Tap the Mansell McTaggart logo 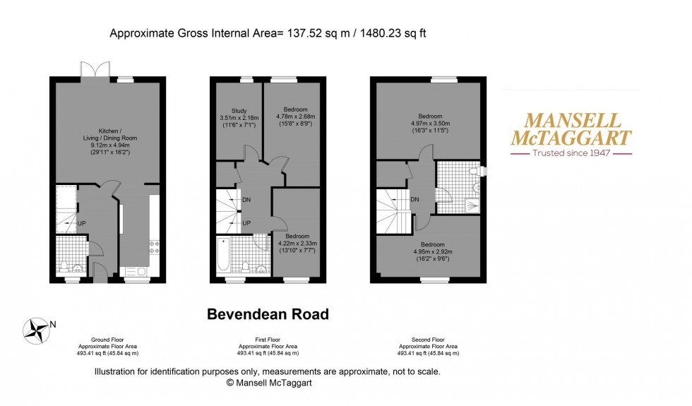571,133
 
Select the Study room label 239,109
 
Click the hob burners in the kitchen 154,247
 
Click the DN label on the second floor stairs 414,199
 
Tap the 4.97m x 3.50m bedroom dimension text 430,124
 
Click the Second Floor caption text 428,339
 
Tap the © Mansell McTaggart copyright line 268,382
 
